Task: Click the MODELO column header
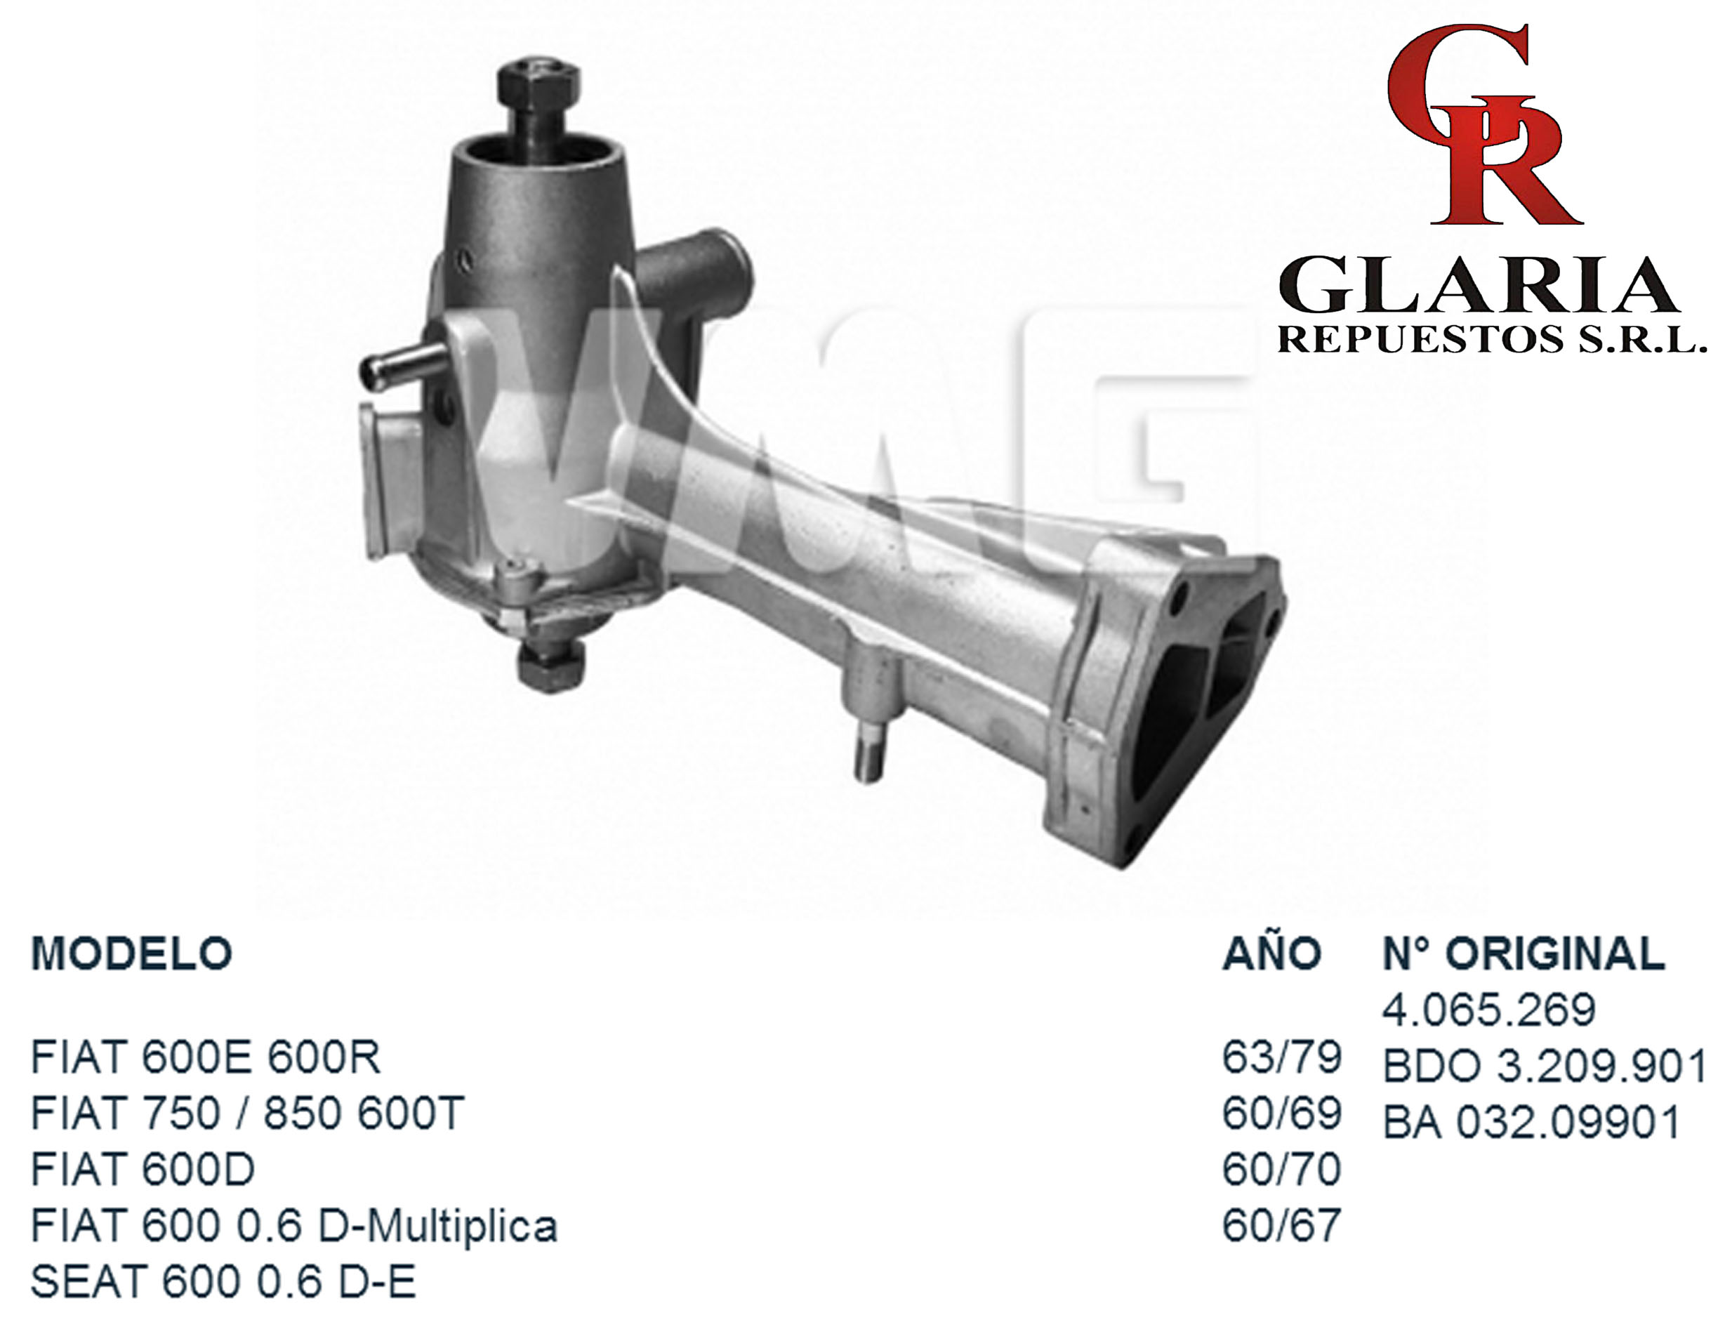(131, 954)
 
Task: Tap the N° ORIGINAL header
(1524, 954)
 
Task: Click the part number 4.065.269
(1489, 1010)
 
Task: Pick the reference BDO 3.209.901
(1545, 1067)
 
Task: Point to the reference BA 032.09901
(1531, 1123)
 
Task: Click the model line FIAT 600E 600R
(205, 1057)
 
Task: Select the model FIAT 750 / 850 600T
(247, 1114)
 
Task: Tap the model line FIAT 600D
(143, 1170)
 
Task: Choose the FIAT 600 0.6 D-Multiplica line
(293, 1227)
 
